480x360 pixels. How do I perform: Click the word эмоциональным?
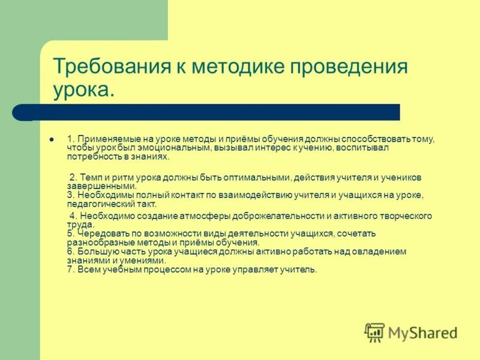(x=177, y=148)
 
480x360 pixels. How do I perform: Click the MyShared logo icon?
(x=374, y=332)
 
